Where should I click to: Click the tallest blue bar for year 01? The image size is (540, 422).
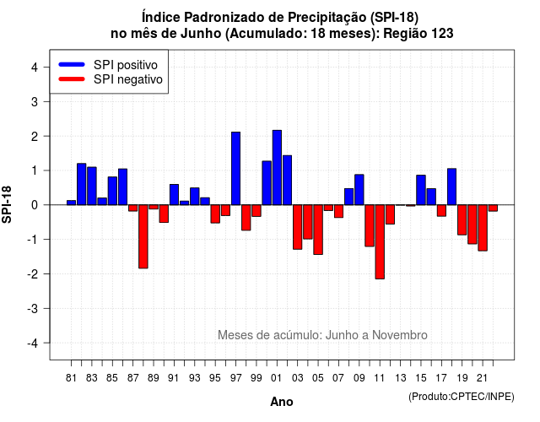tap(277, 167)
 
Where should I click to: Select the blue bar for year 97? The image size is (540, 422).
tap(235, 169)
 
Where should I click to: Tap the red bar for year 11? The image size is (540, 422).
tap(380, 242)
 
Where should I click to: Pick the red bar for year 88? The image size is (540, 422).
tap(143, 236)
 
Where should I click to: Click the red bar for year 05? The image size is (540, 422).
tap(318, 230)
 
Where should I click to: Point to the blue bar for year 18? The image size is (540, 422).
tap(452, 187)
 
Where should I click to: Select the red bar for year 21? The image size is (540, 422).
tap(483, 228)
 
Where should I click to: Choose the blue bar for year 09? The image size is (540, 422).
tap(359, 190)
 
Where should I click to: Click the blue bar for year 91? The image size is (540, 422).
tap(174, 195)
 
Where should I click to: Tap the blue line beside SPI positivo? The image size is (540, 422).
tap(72, 64)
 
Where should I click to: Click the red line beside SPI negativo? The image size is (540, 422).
tap(72, 79)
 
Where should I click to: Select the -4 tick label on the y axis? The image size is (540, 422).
tap(33, 344)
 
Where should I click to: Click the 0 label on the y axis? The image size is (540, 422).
tap(35, 205)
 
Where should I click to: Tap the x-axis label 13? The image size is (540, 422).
tap(400, 378)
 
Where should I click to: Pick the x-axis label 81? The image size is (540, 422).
tap(71, 378)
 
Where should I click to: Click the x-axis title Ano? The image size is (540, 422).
tap(282, 402)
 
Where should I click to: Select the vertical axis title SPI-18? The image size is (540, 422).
tap(7, 204)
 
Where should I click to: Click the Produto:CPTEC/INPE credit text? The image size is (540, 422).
tap(462, 397)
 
